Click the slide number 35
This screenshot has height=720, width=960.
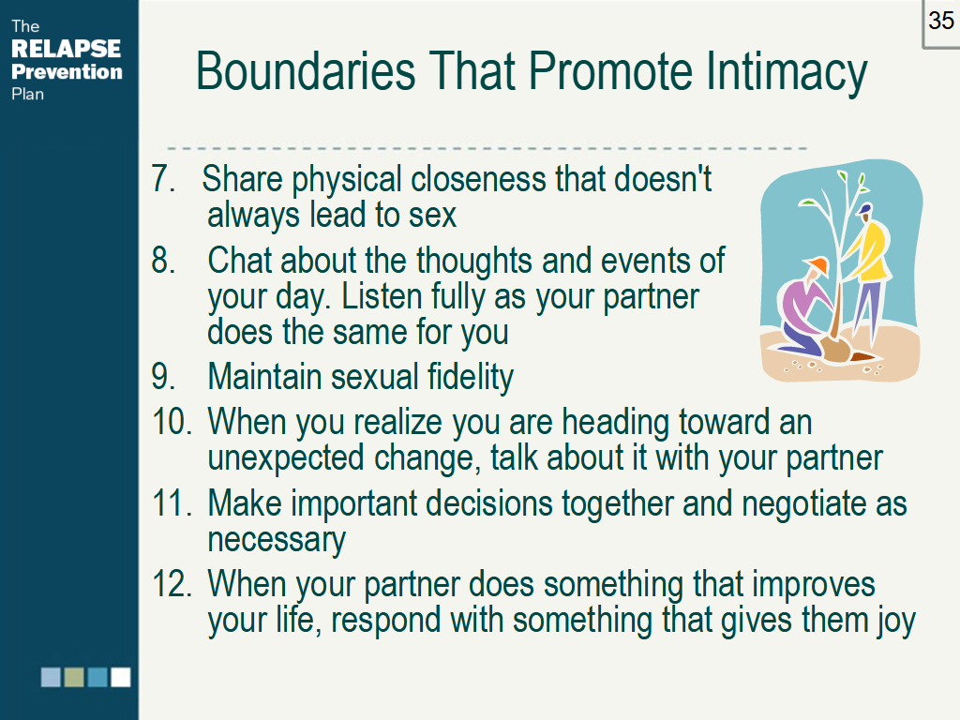click(x=941, y=21)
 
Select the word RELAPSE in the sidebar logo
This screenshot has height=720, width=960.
click(x=67, y=49)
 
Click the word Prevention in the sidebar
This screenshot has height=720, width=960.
click(x=67, y=71)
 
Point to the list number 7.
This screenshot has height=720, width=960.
click(x=163, y=178)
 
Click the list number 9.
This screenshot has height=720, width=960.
click(x=163, y=376)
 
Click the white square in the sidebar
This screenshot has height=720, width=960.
click(x=121, y=677)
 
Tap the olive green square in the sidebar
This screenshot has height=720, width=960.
click(x=74, y=677)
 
